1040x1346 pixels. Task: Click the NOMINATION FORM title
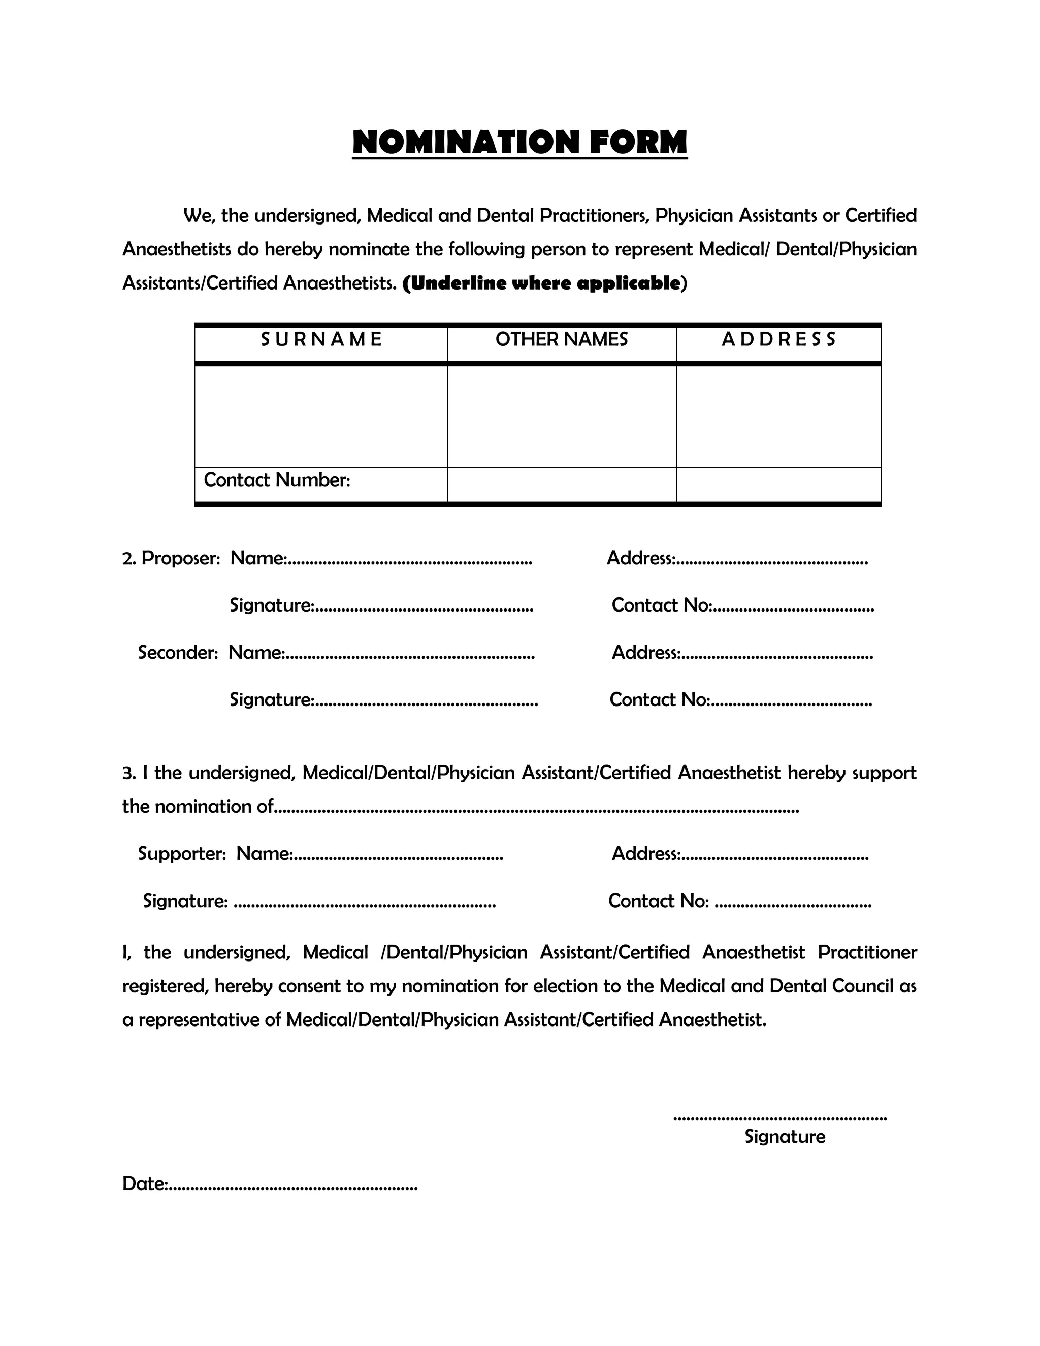(519, 142)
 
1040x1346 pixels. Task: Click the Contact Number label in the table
(277, 480)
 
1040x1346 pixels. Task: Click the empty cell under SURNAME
(321, 416)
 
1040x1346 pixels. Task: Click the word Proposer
(180, 558)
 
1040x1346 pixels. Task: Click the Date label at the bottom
(144, 1184)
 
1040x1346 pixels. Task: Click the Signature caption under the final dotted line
(784, 1136)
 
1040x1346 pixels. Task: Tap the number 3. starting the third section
(128, 774)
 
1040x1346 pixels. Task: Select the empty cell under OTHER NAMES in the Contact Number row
(561, 485)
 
